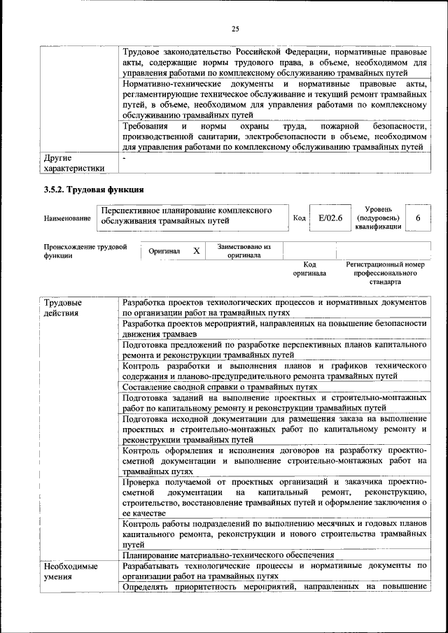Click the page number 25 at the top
235,29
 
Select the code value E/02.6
330,218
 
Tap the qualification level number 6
418,218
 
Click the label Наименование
67,219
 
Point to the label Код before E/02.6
299,218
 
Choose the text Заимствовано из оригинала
244,251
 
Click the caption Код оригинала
309,269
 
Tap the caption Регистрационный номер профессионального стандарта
386,273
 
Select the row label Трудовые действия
62,308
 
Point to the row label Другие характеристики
73,163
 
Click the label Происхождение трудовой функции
85,251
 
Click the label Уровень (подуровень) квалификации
378,218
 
